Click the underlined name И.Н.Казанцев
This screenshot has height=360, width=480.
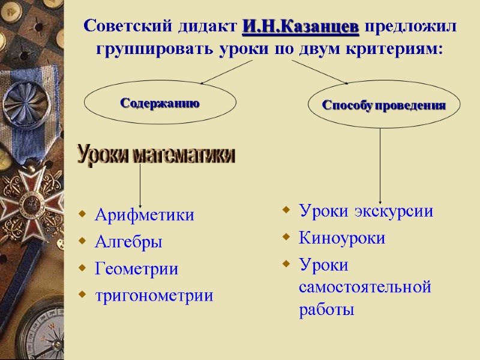point(301,27)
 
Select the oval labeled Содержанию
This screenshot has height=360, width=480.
point(160,103)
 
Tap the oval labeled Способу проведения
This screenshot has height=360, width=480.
point(384,105)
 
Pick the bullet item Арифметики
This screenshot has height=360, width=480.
point(144,215)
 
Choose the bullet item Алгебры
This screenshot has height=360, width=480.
point(128,242)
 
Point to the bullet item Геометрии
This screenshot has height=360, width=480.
point(136,269)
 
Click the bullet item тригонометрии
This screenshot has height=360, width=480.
point(154,295)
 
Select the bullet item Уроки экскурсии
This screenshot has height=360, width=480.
point(365,211)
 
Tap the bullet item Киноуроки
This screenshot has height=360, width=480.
point(342,238)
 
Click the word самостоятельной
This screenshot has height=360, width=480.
point(365,287)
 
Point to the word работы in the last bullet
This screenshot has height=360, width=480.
point(326,310)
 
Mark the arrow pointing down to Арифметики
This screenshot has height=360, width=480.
point(140,186)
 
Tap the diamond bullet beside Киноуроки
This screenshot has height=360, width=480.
point(286,238)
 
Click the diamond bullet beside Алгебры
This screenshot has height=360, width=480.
point(82,242)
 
